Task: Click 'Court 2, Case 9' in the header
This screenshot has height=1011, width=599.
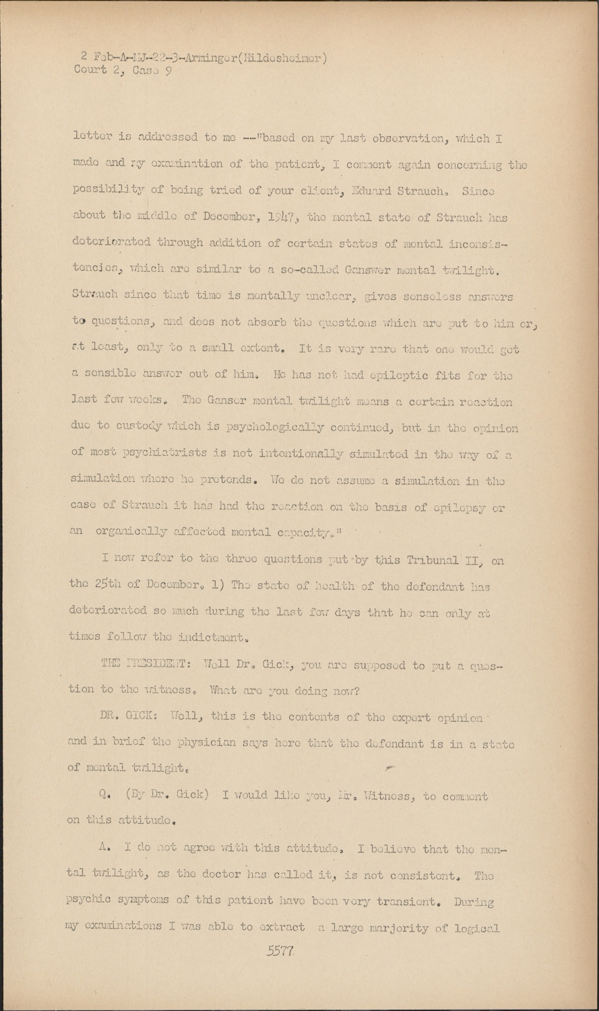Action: [124, 71]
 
